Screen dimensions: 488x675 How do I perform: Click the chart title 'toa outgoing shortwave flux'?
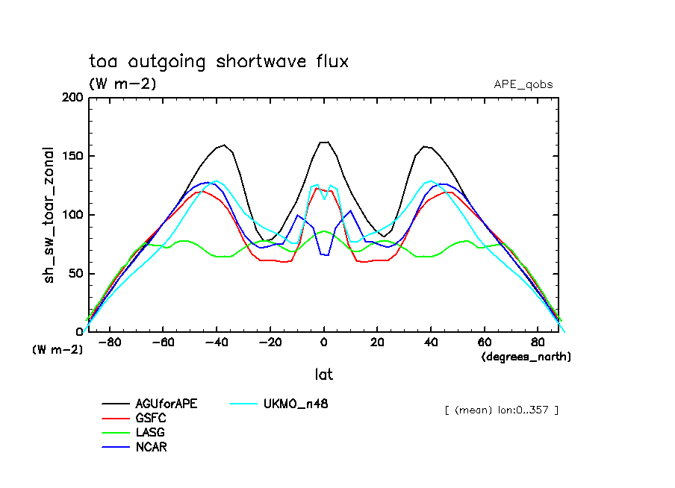[x=219, y=61]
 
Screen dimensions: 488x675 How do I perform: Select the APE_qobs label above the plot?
[x=523, y=84]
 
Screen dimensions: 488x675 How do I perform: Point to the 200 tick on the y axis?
[x=72, y=98]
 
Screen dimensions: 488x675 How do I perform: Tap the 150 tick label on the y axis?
[x=72, y=156]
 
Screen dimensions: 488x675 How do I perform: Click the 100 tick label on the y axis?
[x=72, y=215]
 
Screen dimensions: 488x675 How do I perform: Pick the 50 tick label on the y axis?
[x=75, y=273]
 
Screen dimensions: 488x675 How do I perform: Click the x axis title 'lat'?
[x=323, y=374]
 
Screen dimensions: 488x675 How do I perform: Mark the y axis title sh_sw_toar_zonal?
[x=50, y=215]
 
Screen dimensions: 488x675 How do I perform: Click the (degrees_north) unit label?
[x=526, y=357]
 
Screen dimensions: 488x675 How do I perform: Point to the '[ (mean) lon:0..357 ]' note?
[x=501, y=410]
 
